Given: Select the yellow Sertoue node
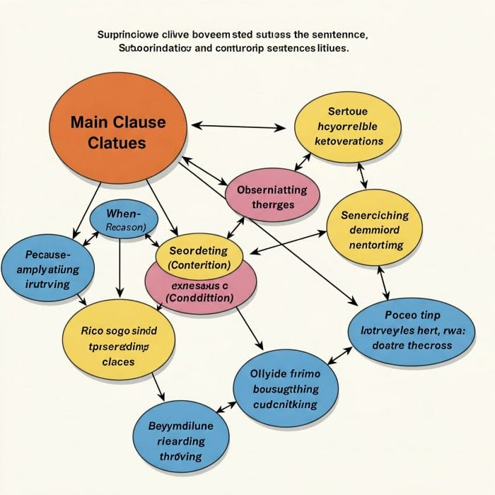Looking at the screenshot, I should pyautogui.click(x=347, y=126).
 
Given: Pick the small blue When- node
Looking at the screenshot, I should pyautogui.click(x=124, y=219).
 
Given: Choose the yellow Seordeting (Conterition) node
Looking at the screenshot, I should pyautogui.click(x=199, y=257).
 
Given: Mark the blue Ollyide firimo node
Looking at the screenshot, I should pyautogui.click(x=286, y=388).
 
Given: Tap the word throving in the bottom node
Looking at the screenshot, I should pyautogui.click(x=181, y=456).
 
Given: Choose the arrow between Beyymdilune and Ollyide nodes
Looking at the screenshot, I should pyautogui.click(x=226, y=407).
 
